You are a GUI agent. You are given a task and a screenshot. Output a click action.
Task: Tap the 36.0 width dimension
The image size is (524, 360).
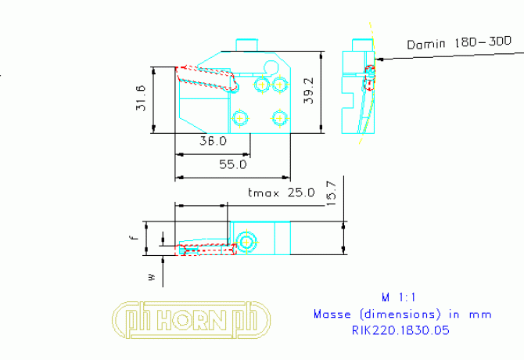click(x=212, y=142)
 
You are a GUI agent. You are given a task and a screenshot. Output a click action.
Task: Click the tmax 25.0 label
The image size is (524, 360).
click(x=280, y=193)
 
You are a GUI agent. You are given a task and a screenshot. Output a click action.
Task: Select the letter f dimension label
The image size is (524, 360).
click(x=135, y=232)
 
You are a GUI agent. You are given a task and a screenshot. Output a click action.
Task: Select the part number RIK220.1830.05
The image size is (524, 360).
click(x=400, y=330)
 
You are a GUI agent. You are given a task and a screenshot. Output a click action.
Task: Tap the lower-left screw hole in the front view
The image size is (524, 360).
click(x=240, y=117)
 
